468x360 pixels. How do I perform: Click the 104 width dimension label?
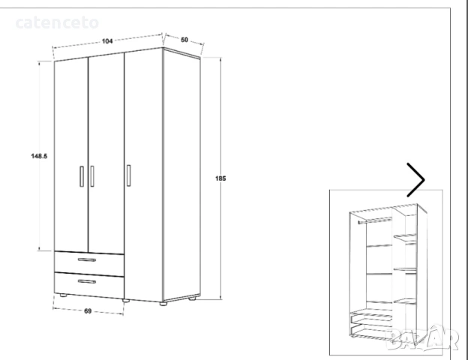click(106, 41)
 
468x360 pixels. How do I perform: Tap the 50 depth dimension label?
click(184, 40)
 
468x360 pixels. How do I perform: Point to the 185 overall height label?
click(220, 178)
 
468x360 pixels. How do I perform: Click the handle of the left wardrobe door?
click(81, 175)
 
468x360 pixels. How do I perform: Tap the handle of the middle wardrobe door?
click(92, 175)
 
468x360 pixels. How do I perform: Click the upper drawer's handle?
click(88, 260)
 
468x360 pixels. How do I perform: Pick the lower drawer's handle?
click(88, 282)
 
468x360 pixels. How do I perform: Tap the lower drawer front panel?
click(88, 285)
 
